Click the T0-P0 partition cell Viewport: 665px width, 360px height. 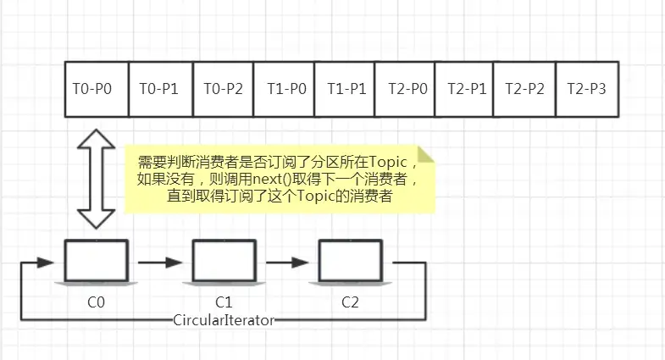pyautogui.click(x=97, y=88)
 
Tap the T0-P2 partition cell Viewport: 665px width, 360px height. pyautogui.click(x=223, y=88)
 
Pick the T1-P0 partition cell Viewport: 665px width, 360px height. pyautogui.click(x=285, y=88)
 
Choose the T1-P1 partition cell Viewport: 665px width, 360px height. pyautogui.click(x=345, y=88)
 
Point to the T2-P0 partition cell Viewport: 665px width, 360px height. pyautogui.click(x=404, y=88)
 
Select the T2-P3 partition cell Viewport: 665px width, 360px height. pyautogui.click(x=586, y=88)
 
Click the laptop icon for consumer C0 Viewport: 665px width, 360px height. pyautogui.click(x=97, y=262)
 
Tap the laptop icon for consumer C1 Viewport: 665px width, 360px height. pyautogui.click(x=224, y=262)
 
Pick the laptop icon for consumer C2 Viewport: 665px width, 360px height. pyautogui.click(x=350, y=262)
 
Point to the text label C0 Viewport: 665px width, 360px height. pyautogui.click(x=97, y=301)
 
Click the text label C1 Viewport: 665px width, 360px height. pyautogui.click(x=224, y=301)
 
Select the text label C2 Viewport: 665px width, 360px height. pyautogui.click(x=350, y=301)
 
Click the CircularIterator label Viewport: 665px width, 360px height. pyautogui.click(x=224, y=319)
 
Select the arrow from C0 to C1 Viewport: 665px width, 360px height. pyautogui.click(x=160, y=262)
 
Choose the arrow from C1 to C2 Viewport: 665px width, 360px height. pyautogui.click(x=287, y=262)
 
